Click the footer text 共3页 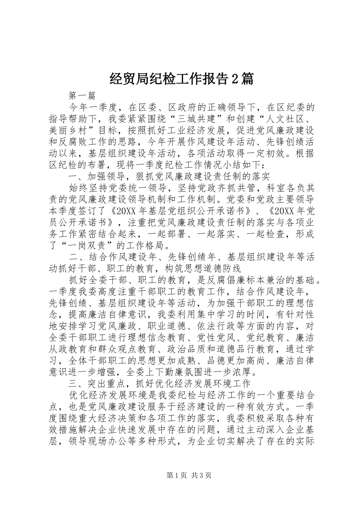coord(202,475)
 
